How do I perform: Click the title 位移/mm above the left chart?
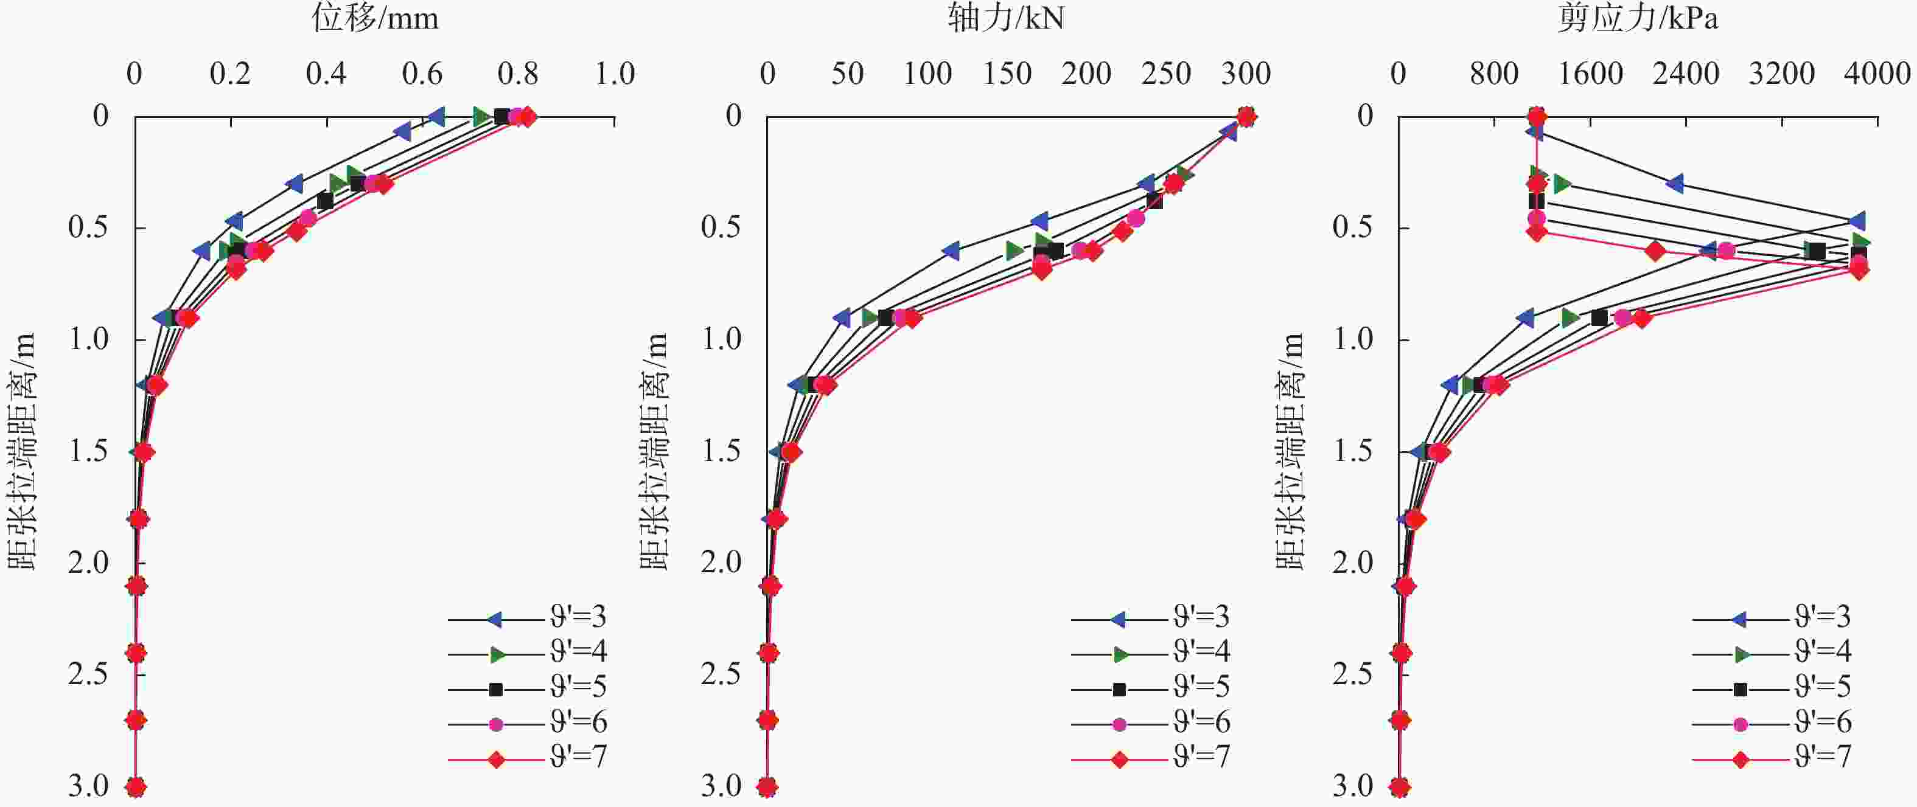pyautogui.click(x=375, y=18)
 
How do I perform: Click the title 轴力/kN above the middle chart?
pyautogui.click(x=1005, y=18)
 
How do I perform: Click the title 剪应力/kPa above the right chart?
pyautogui.click(x=1637, y=18)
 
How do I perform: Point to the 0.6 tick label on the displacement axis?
pyautogui.click(x=422, y=74)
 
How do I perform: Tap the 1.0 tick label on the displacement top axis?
pyautogui.click(x=615, y=74)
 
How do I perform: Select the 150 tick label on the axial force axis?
pyautogui.click(x=1007, y=74)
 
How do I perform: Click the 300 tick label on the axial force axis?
pyautogui.click(x=1246, y=74)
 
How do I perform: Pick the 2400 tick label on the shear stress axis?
pyautogui.click(x=1686, y=74)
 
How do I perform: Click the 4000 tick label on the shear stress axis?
pyautogui.click(x=1877, y=74)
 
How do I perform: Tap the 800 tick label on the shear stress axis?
pyautogui.click(x=1493, y=74)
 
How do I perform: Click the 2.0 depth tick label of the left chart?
pyautogui.click(x=89, y=563)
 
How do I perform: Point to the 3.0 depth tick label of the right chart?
pyautogui.click(x=1353, y=786)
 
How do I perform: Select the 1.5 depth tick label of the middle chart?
pyautogui.click(x=721, y=451)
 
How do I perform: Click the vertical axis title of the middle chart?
pyautogui.click(x=654, y=451)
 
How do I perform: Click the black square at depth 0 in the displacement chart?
pyautogui.click(x=501, y=117)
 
